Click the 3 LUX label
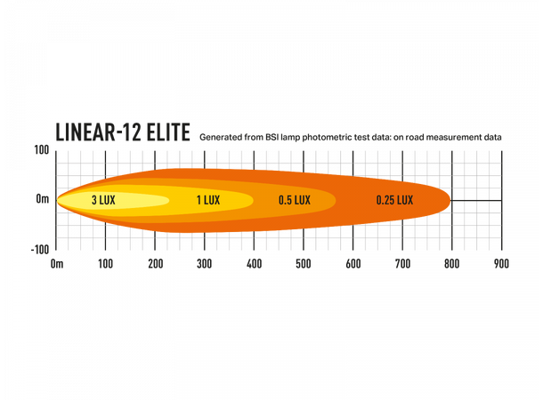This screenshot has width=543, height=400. [103, 200]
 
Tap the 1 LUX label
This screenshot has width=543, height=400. [207, 200]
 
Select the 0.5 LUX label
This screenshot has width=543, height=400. [294, 200]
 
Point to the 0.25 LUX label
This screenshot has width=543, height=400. [394, 200]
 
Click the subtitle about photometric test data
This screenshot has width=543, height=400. [351, 138]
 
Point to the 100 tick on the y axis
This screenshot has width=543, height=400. [41, 149]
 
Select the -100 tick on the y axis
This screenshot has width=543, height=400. [39, 250]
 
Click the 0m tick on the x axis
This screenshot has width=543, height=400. [57, 264]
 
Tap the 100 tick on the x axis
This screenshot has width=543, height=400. [105, 264]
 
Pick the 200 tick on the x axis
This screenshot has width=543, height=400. [155, 264]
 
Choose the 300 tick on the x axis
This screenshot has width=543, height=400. [205, 264]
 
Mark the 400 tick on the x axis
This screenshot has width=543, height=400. [254, 264]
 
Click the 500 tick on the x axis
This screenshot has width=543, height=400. [303, 264]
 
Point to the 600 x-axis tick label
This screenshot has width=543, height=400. [353, 264]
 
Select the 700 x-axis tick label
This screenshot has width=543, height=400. [401, 264]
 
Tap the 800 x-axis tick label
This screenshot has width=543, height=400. [451, 264]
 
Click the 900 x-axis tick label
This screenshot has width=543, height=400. [500, 264]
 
